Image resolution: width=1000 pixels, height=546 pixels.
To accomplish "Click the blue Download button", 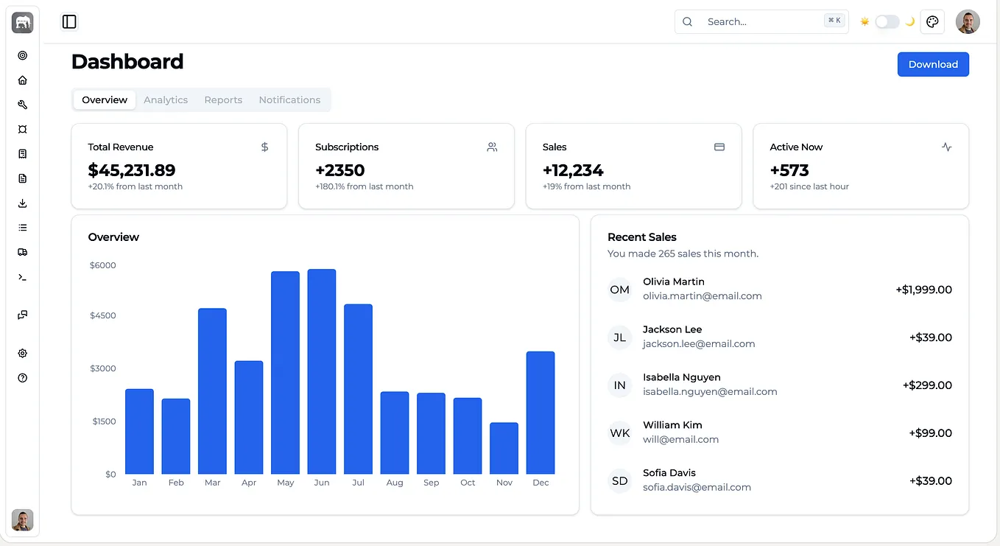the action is pyautogui.click(x=933, y=64).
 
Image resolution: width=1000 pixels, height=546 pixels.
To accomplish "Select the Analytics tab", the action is pyautogui.click(x=166, y=99).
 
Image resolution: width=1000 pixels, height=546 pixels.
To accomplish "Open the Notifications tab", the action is pyautogui.click(x=289, y=99).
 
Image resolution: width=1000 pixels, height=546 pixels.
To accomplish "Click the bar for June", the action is pyautogui.click(x=321, y=371).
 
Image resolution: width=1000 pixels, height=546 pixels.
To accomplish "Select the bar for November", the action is pyautogui.click(x=504, y=448).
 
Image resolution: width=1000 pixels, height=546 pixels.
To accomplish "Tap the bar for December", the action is pyautogui.click(x=541, y=413).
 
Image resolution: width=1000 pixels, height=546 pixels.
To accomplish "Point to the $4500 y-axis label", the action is pyautogui.click(x=102, y=315).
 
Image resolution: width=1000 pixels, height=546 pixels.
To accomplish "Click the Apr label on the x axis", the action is pyautogui.click(x=249, y=483).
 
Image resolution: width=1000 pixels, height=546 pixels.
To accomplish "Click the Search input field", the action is pyautogui.click(x=761, y=21).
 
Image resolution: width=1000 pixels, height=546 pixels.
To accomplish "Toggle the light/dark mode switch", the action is pyautogui.click(x=887, y=21).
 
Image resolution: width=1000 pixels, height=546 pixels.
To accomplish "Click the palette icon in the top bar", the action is pyautogui.click(x=932, y=21).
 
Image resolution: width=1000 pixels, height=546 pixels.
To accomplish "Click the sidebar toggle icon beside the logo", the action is pyautogui.click(x=69, y=21).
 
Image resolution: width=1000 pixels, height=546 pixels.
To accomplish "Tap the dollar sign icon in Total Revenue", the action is pyautogui.click(x=265, y=147).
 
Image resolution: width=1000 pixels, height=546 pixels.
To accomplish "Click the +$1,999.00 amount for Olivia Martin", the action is pyautogui.click(x=923, y=290).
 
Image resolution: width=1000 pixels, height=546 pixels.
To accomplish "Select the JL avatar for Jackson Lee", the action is pyautogui.click(x=619, y=337).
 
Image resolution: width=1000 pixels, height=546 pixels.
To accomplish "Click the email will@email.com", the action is pyautogui.click(x=681, y=440).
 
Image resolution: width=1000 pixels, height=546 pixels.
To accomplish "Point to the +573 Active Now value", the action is pyautogui.click(x=789, y=170).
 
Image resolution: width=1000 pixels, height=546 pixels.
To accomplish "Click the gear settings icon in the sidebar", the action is pyautogui.click(x=22, y=354).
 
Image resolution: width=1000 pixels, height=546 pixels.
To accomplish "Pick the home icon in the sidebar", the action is pyautogui.click(x=22, y=80).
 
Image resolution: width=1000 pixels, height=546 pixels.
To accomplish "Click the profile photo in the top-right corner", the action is pyautogui.click(x=968, y=21).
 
